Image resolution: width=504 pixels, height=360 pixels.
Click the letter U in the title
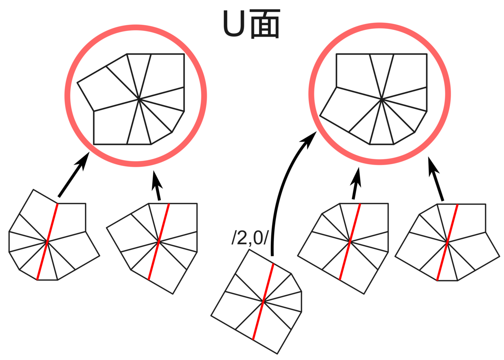234,24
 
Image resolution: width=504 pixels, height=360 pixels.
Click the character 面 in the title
265,24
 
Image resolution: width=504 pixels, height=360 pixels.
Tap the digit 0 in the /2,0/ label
258,238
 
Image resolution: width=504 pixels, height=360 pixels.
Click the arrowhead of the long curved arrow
310,139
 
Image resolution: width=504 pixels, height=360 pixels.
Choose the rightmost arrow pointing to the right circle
436,179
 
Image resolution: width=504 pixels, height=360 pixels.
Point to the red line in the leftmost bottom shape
47,242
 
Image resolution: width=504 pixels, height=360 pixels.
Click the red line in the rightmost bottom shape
448,242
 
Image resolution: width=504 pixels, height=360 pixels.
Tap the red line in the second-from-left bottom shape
159,242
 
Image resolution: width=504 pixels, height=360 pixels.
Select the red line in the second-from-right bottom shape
350,242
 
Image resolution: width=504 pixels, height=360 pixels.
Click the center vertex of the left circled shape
139,99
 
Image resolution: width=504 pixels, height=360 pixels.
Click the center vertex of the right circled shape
382,99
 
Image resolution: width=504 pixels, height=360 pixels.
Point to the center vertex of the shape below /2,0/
263,301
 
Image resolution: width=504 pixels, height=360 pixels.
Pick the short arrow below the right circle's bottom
356,183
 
